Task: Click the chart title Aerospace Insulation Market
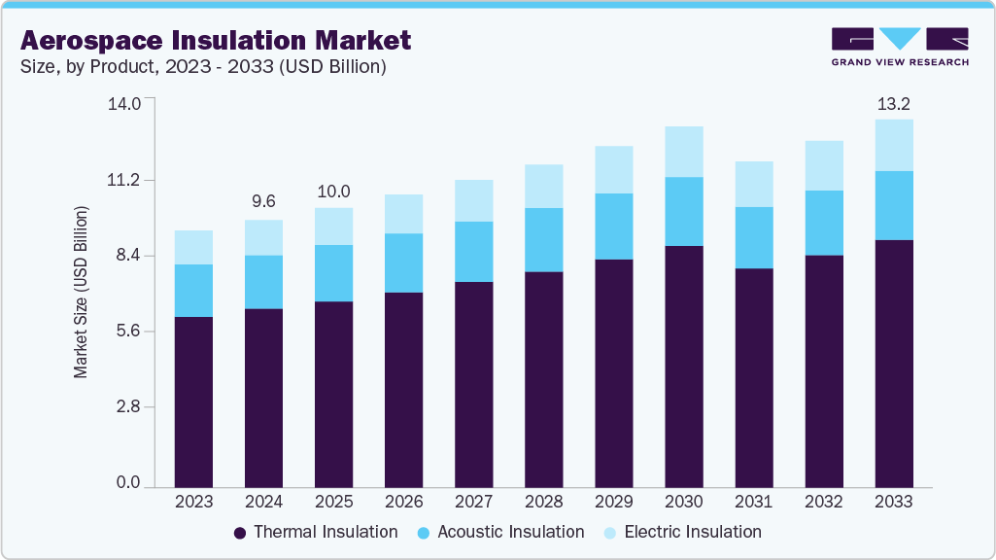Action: pos(216,40)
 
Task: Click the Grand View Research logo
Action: pos(900,46)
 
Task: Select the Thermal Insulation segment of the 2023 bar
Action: pos(193,401)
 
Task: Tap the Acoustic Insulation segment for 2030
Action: pos(683,211)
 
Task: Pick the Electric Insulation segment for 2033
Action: pos(893,145)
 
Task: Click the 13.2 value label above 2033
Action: pos(893,103)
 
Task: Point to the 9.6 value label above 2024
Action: pos(263,201)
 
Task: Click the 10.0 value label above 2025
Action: pos(333,191)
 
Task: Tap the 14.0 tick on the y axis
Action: pos(128,103)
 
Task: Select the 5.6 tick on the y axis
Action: pos(128,332)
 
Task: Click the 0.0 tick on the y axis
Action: pos(128,483)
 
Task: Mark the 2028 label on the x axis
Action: pos(543,503)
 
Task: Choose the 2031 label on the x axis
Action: pos(753,503)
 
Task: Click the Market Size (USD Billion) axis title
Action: pos(82,292)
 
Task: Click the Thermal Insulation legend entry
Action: pos(317,532)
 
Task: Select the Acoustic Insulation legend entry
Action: pos(501,532)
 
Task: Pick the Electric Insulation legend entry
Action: pos(683,532)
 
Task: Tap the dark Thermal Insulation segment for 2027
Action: pos(473,384)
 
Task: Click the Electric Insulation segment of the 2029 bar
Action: pos(613,169)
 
